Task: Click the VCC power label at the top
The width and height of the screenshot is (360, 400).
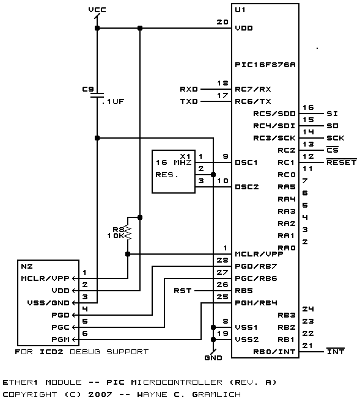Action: click(97, 10)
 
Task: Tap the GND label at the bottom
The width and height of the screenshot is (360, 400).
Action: click(213, 358)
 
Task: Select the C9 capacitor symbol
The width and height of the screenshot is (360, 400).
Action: click(97, 95)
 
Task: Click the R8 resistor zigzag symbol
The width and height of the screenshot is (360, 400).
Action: click(128, 233)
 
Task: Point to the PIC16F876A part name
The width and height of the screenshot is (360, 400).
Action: click(265, 65)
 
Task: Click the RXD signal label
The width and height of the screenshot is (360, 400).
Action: click(189, 89)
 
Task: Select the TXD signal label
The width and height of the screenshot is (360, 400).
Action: click(189, 101)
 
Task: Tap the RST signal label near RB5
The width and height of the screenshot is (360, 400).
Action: click(183, 291)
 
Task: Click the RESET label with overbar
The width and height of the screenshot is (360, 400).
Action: click(342, 162)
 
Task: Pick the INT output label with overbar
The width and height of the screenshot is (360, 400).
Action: click(336, 351)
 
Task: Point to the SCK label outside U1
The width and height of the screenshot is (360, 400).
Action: click(336, 138)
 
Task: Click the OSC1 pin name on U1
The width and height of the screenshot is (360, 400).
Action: click(246, 162)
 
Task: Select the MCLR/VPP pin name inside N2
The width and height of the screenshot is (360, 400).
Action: click(45, 278)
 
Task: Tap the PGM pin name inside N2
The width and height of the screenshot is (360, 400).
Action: click(61, 340)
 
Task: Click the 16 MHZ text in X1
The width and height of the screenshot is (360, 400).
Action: click(174, 162)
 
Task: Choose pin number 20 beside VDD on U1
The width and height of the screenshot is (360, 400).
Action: click(222, 22)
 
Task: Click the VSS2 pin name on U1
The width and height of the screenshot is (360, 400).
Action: click(247, 340)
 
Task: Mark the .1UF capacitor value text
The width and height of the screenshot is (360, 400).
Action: click(113, 101)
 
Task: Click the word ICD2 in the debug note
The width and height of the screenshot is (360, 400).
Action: click(51, 352)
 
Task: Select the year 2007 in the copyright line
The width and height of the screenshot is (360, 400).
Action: click(100, 395)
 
